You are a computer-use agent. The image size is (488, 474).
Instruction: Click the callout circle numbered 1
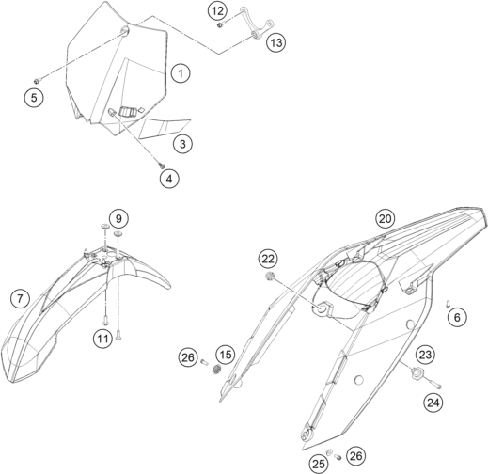click(181, 73)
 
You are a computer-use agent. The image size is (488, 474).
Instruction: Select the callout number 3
click(182, 144)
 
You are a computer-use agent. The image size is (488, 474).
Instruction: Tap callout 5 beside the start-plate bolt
click(34, 98)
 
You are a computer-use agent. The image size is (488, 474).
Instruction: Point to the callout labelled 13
click(276, 42)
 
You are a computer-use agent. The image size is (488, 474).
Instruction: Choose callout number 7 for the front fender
click(20, 298)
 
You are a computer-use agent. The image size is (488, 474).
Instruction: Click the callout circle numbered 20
click(386, 218)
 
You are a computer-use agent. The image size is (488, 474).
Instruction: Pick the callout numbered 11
click(102, 339)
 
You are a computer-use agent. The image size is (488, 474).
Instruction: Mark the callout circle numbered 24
click(433, 403)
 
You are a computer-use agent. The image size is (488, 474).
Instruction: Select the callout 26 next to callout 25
click(356, 456)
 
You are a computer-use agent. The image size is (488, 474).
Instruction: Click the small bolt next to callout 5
click(37, 81)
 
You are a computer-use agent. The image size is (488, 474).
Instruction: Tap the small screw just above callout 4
click(162, 166)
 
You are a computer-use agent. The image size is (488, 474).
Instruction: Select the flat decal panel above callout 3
click(165, 128)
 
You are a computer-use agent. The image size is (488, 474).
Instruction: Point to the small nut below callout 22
click(270, 276)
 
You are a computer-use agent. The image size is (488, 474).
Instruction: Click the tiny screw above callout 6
click(449, 303)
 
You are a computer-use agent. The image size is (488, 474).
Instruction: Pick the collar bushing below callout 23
click(417, 372)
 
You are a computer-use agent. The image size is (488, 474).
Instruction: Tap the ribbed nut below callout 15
click(216, 370)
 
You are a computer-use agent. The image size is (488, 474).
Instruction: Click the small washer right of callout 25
click(330, 452)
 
